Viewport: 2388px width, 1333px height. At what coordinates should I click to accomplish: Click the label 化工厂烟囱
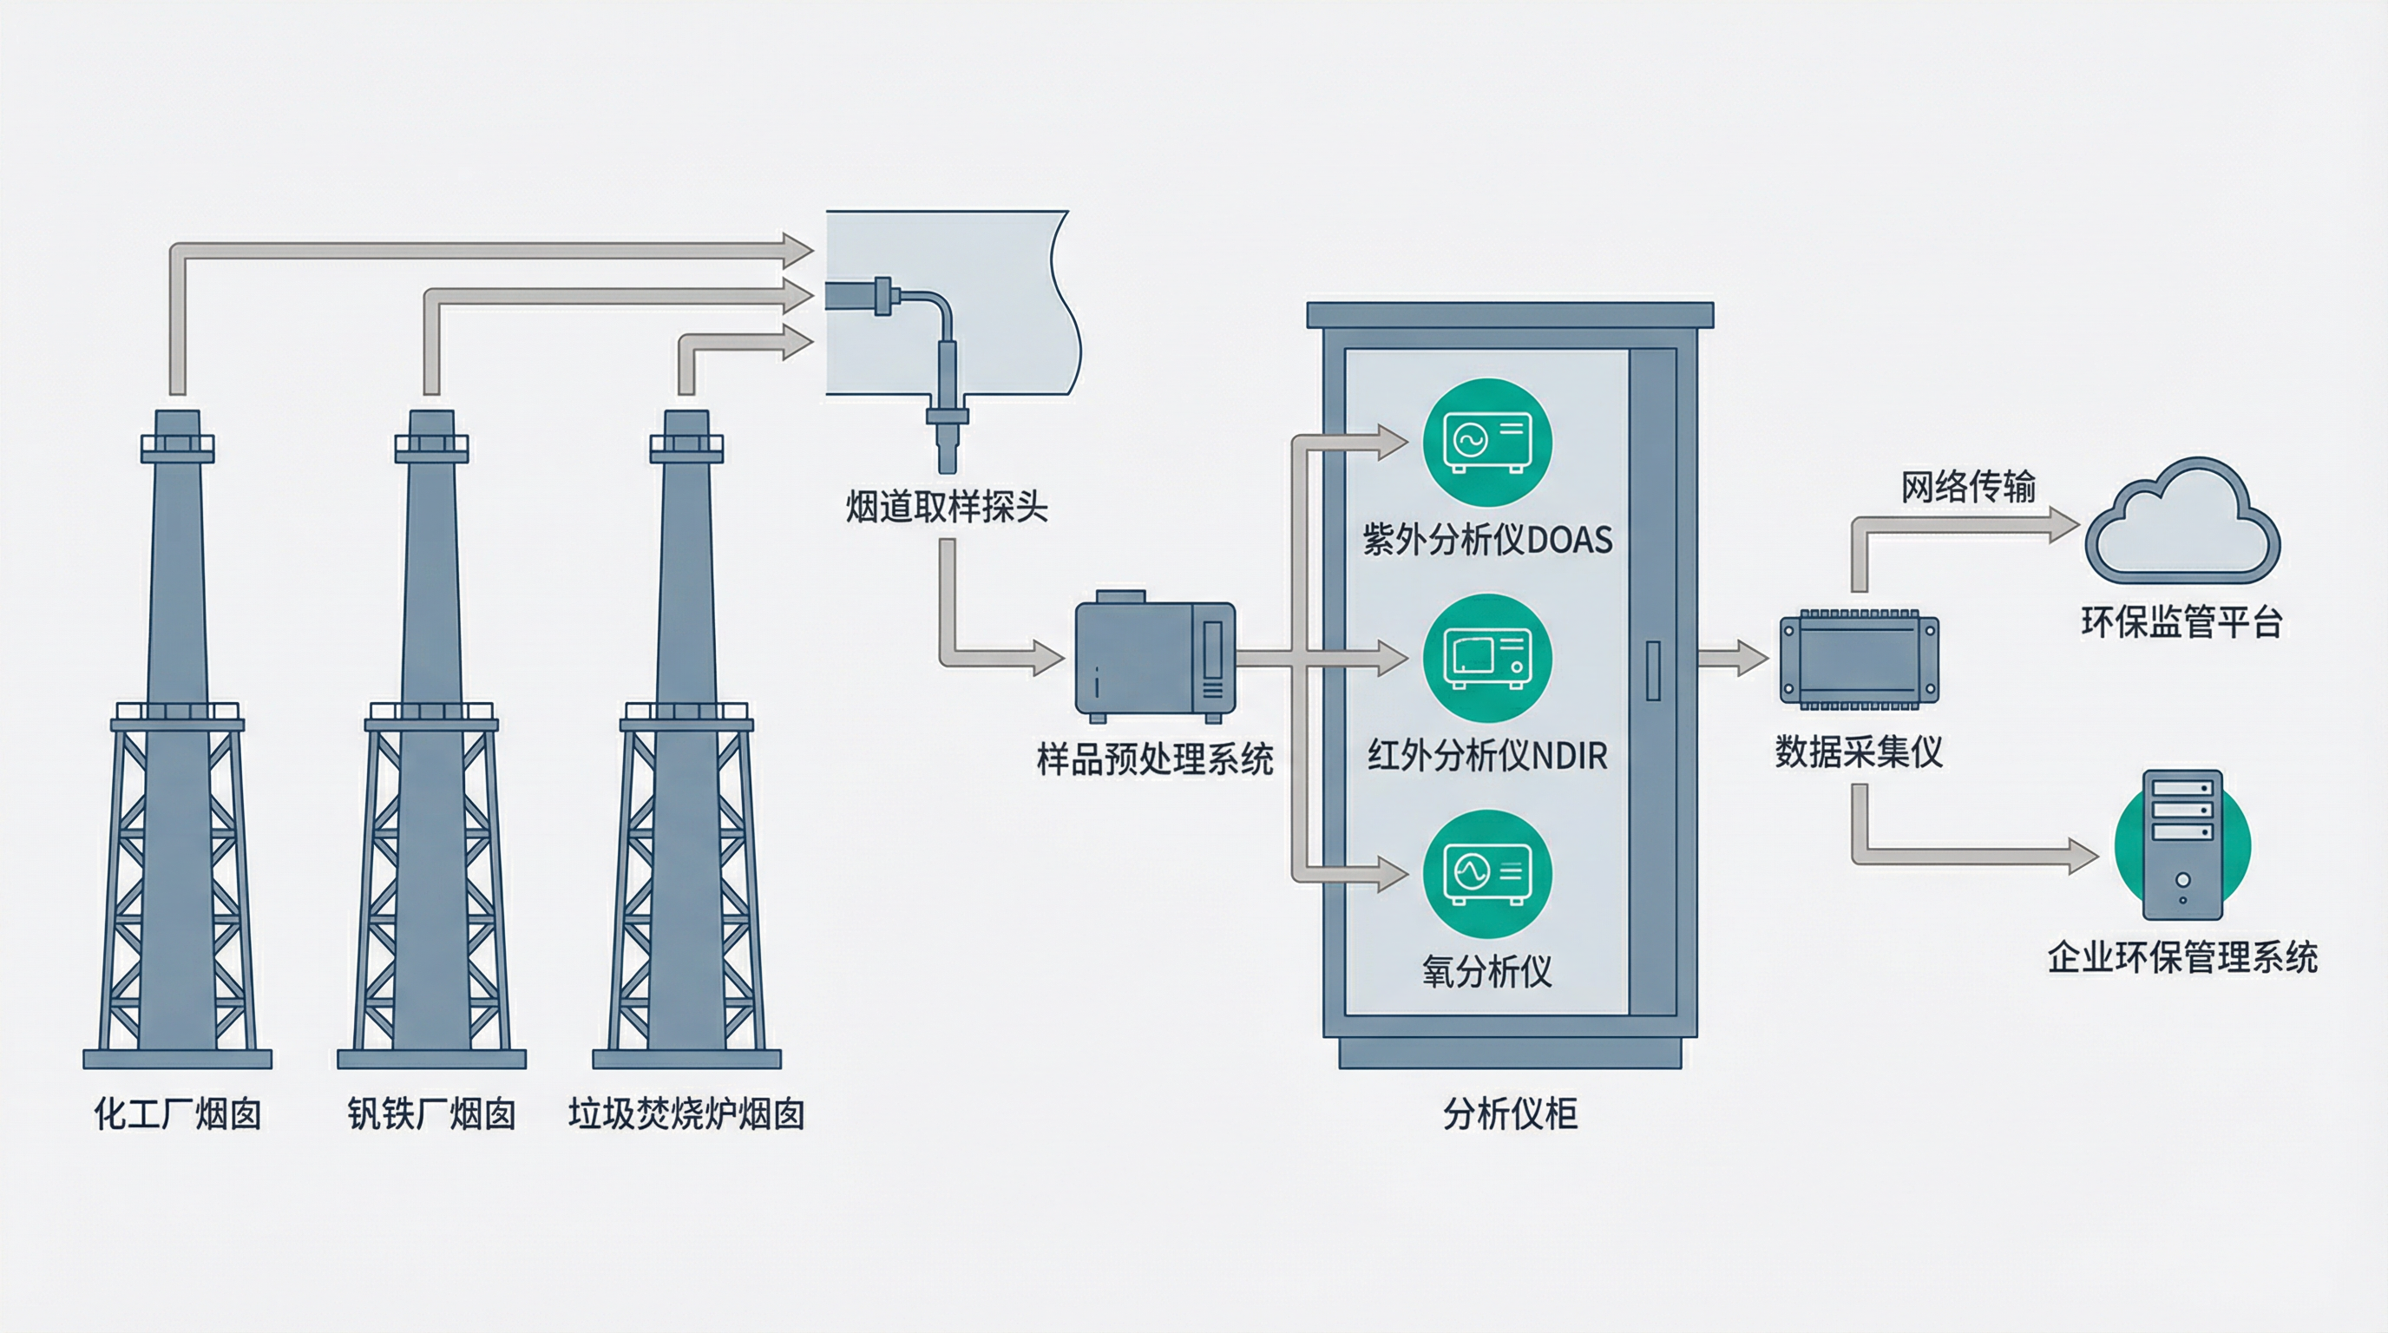point(177,1113)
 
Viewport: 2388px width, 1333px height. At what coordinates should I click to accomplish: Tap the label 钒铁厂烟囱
point(431,1113)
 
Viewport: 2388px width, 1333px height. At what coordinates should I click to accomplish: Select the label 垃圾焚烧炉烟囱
point(686,1113)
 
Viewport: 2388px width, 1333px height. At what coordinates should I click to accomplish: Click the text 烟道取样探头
point(947,507)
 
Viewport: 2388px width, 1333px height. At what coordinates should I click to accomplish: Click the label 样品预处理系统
point(1154,759)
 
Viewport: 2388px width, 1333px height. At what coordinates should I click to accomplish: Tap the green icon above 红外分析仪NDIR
point(1487,658)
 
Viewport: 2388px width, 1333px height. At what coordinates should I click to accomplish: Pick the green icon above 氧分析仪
point(1487,874)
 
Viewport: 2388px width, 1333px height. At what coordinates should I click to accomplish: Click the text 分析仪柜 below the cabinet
point(1510,1113)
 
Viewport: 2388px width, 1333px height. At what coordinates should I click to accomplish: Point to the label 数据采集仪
point(1859,752)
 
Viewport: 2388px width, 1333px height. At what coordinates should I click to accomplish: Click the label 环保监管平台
point(2181,621)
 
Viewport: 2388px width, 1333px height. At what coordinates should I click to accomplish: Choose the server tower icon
point(2182,844)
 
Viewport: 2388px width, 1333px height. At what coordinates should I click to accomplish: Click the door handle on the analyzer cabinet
point(1653,669)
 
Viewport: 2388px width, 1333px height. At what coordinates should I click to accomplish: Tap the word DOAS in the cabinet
point(1570,540)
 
